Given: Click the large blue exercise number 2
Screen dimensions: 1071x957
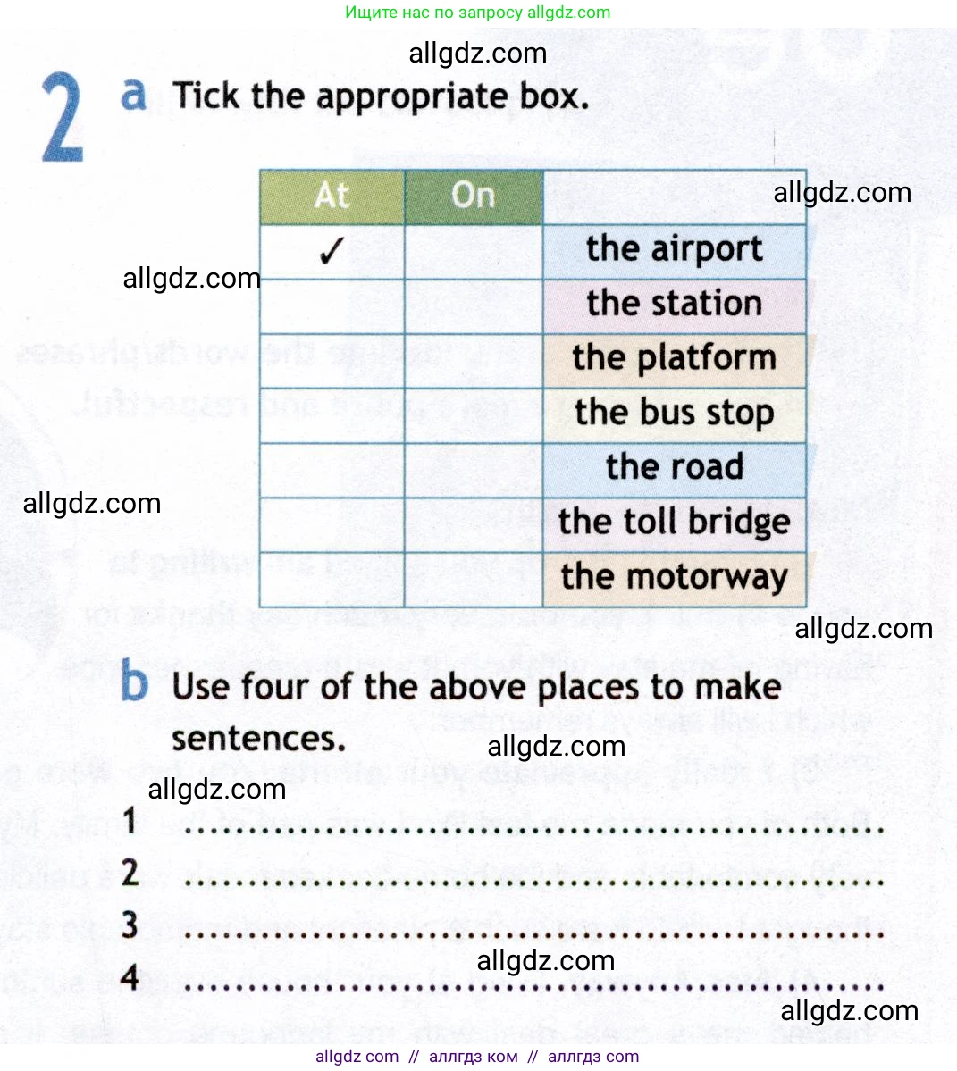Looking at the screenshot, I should click(x=63, y=118).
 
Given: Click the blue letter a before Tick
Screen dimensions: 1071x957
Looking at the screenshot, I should click(x=133, y=93).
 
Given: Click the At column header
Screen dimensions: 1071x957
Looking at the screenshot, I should click(x=332, y=196).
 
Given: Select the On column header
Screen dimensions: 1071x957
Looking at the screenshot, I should click(x=473, y=196).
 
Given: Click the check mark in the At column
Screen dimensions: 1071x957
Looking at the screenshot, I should click(x=331, y=252).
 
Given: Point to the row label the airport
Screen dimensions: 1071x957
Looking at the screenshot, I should click(x=675, y=249).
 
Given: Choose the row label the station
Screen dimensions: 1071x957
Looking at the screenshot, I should click(x=675, y=304).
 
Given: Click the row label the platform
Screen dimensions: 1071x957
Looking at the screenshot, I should click(x=675, y=358).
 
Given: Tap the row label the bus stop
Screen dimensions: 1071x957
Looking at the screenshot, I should click(x=675, y=414).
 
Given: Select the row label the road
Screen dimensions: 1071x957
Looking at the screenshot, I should click(x=675, y=467).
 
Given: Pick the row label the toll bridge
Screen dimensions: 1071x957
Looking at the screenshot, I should click(x=675, y=522).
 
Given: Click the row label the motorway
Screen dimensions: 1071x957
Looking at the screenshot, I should click(x=675, y=577).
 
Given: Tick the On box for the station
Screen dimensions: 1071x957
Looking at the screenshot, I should click(x=474, y=306).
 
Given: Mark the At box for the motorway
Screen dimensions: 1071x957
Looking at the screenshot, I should click(x=332, y=580).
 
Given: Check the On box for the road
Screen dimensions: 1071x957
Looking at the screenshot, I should click(x=474, y=470).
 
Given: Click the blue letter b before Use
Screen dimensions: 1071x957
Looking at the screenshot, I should click(x=134, y=683).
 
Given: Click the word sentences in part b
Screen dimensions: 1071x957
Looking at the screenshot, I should click(x=258, y=739).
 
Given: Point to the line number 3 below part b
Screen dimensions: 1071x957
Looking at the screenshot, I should click(x=130, y=925).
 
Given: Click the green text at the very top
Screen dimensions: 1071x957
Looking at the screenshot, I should click(x=477, y=13).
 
